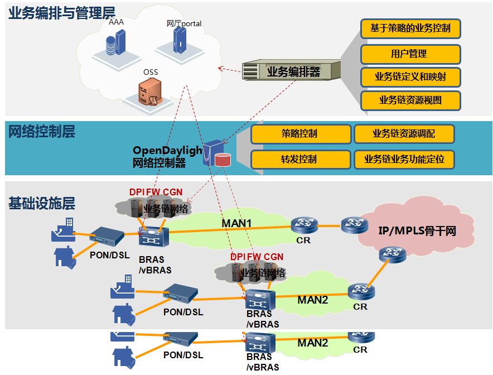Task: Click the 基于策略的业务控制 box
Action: click(x=410, y=28)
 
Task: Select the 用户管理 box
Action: click(x=410, y=54)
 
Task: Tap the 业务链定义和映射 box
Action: click(x=410, y=77)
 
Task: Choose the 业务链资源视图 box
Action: click(x=410, y=100)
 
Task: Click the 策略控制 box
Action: click(x=301, y=134)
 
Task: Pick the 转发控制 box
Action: click(x=301, y=160)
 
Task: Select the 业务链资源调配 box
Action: click(x=404, y=134)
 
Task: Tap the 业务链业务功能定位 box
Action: click(x=404, y=160)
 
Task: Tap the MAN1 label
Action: click(x=237, y=224)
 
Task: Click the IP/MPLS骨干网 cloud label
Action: click(x=418, y=230)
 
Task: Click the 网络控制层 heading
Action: click(x=42, y=132)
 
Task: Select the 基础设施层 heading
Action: click(x=42, y=203)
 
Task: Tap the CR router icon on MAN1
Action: click(x=304, y=225)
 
